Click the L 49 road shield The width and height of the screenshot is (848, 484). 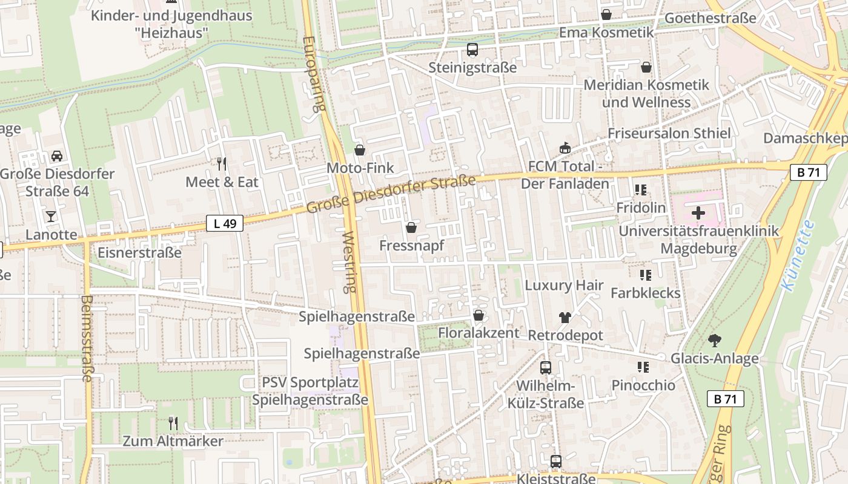point(225,223)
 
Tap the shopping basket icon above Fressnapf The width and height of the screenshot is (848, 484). point(411,227)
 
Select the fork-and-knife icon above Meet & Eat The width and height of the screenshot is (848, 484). point(222,163)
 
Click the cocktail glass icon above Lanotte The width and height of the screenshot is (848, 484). point(51,216)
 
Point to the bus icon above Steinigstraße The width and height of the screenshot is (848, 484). point(472,50)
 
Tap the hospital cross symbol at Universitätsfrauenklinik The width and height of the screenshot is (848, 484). point(698,213)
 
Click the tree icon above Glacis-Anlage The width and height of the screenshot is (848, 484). point(714,340)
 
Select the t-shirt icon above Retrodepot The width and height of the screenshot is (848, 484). point(565,317)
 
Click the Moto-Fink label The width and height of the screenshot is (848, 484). point(360,168)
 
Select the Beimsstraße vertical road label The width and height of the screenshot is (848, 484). point(85,338)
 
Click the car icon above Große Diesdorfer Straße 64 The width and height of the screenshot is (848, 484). point(56,155)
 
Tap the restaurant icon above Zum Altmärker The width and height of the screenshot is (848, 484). point(173,423)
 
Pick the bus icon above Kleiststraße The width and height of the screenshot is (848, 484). point(556,462)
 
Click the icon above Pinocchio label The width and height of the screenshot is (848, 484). point(643,367)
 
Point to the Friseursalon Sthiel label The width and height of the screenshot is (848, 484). point(669,133)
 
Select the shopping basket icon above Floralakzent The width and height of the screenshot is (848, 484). point(479,315)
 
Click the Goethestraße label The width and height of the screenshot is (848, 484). point(710,18)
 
